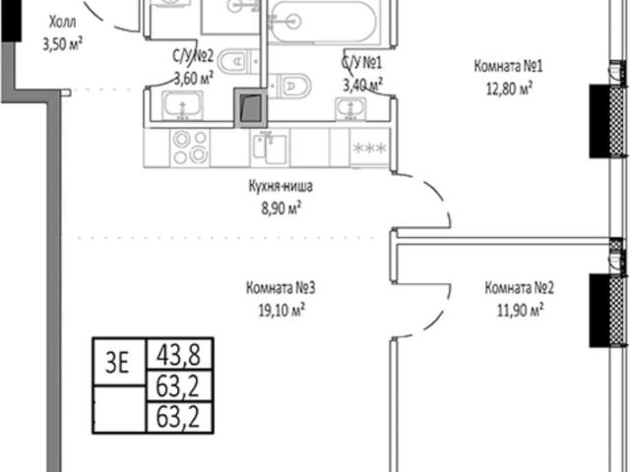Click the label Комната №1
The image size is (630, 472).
[508, 66]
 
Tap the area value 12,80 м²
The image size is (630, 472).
[510, 88]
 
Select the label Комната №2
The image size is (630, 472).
[520, 288]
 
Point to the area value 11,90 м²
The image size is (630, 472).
[521, 310]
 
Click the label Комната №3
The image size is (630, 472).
[281, 288]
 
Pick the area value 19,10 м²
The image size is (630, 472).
[282, 310]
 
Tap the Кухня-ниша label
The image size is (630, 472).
[281, 186]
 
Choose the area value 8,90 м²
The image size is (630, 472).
[282, 208]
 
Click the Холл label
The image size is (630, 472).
[62, 22]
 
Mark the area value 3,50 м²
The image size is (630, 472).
[63, 44]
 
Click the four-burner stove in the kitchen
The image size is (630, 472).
[190, 147]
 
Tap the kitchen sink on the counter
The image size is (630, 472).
[270, 148]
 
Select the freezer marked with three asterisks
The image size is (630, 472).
[370, 147]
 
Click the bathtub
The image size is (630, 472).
[322, 21]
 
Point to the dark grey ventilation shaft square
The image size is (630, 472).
[250, 108]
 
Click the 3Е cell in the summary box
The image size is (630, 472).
[119, 363]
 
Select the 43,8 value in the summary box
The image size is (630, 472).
[179, 354]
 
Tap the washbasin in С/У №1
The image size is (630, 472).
[350, 108]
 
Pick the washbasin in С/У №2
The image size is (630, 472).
[182, 105]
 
